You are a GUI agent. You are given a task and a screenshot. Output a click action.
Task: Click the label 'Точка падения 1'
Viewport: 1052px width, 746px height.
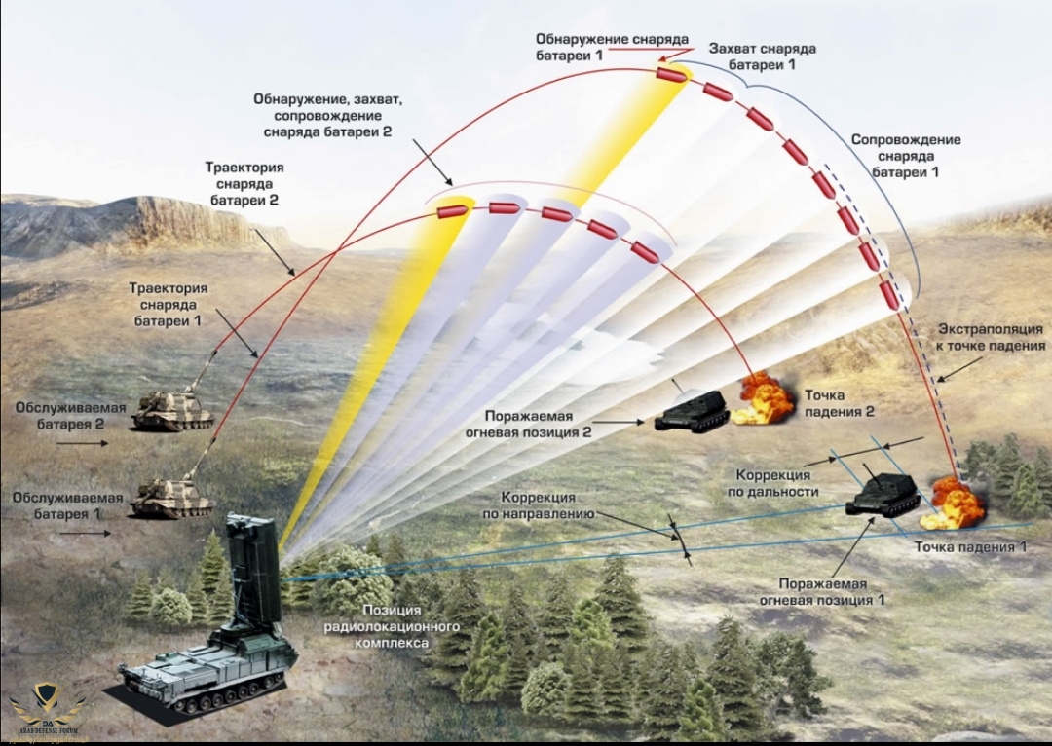click(970, 547)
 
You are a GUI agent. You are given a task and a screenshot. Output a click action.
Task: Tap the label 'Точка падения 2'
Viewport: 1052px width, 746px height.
click(839, 403)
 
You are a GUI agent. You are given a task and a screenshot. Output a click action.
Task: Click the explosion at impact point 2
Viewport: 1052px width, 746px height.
click(765, 398)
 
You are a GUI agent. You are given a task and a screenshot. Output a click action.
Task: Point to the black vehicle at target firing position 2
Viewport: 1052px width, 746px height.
click(693, 411)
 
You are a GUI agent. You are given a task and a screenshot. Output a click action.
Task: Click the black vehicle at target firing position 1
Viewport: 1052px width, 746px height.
click(883, 495)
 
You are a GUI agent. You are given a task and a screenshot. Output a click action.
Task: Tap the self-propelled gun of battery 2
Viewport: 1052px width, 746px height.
click(173, 409)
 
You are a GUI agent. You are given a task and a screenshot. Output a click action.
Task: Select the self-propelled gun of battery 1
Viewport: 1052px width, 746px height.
click(171, 496)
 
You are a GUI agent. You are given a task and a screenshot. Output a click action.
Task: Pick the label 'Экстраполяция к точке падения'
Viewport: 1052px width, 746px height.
click(991, 337)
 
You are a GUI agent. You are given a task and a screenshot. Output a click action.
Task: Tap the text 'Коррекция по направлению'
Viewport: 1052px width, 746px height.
click(540, 504)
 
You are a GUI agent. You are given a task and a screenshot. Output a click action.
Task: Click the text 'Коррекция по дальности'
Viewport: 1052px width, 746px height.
click(772, 483)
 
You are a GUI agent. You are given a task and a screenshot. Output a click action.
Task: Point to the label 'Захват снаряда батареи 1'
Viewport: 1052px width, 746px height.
click(763, 56)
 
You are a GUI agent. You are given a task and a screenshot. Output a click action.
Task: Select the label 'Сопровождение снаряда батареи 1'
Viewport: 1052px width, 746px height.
click(906, 156)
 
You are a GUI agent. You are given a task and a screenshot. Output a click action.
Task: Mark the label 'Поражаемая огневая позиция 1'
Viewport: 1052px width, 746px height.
click(822, 591)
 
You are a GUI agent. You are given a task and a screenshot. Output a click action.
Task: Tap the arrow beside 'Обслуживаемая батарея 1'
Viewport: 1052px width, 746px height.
click(85, 533)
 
